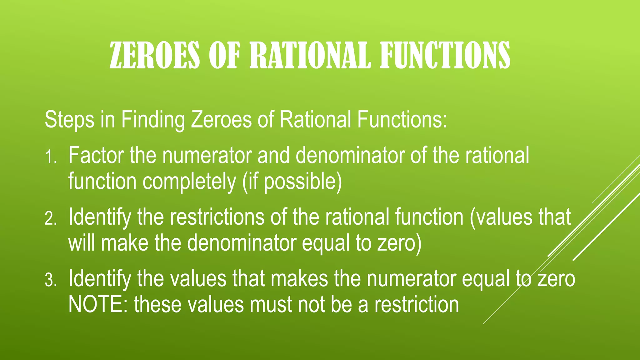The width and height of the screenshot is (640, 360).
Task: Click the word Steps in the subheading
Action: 69,120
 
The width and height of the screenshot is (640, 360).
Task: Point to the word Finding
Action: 153,120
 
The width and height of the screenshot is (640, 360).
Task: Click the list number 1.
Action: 50,157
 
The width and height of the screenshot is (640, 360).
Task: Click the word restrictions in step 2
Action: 217,217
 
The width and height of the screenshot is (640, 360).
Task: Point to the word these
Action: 158,304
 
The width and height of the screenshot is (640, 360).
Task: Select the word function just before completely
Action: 102,181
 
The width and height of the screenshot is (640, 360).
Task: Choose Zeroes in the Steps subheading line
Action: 221,120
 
